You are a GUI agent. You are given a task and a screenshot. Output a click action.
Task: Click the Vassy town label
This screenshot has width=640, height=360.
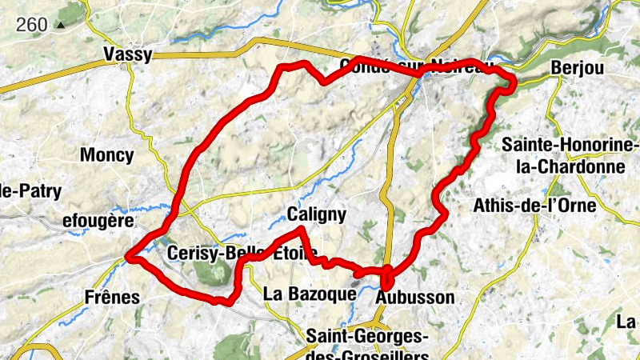pyautogui.click(x=128, y=54)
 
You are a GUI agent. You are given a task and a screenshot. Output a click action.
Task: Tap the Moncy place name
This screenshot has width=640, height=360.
pyautogui.click(x=106, y=154)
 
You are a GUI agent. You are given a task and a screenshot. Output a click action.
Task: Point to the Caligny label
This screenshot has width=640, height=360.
pyautogui.click(x=317, y=214)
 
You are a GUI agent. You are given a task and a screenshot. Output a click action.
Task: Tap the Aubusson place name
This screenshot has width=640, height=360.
pyautogui.click(x=414, y=297)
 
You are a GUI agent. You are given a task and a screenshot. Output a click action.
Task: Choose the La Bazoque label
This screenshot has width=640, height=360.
pyautogui.click(x=309, y=294)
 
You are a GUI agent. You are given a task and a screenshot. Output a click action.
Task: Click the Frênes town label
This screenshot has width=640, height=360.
pyautogui.click(x=112, y=297)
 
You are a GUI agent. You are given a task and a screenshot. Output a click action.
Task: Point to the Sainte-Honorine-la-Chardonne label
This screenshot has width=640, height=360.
pyautogui.click(x=570, y=156)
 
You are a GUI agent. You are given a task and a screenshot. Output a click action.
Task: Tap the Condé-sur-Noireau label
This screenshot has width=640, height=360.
pyautogui.click(x=411, y=64)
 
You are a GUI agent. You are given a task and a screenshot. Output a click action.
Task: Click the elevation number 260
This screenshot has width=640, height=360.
pyautogui.click(x=32, y=25)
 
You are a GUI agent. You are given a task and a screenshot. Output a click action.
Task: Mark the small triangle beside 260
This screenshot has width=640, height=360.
pyautogui.click(x=60, y=25)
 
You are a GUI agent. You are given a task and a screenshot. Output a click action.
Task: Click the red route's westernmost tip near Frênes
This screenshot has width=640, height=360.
pyautogui.click(x=129, y=257)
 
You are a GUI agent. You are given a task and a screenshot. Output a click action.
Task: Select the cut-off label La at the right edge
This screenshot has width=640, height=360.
pyautogui.click(x=626, y=322)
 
